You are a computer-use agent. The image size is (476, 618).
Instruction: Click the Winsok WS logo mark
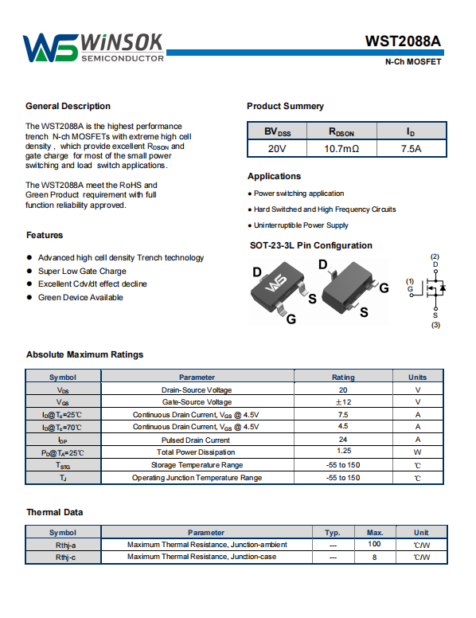50,48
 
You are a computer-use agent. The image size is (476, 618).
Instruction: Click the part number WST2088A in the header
403,41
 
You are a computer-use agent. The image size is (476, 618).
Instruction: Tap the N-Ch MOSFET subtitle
413,62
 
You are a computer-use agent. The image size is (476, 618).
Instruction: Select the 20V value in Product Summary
277,149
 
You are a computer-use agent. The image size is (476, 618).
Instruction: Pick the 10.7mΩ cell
341,149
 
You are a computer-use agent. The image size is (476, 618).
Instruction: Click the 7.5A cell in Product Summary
411,149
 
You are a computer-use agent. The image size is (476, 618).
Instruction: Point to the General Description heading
68,106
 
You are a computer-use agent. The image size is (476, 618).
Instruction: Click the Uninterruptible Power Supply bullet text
301,225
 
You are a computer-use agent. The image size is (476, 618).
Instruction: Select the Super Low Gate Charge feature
82,271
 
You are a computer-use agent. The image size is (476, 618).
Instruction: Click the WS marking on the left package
276,284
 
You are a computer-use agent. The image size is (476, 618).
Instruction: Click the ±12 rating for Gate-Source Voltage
343,402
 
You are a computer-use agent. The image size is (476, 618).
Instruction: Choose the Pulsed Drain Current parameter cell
196,440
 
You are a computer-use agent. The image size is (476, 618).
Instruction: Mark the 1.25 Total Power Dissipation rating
344,451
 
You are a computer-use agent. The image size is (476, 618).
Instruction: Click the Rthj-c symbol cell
65,557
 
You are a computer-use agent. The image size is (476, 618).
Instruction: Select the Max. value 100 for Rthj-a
374,544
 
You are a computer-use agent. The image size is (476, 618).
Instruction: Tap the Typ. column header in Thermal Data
333,533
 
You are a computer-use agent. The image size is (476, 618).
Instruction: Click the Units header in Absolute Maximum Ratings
417,377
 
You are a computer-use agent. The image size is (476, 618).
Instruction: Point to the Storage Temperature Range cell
197,465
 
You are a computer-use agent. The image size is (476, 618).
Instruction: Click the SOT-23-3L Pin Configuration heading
311,245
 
